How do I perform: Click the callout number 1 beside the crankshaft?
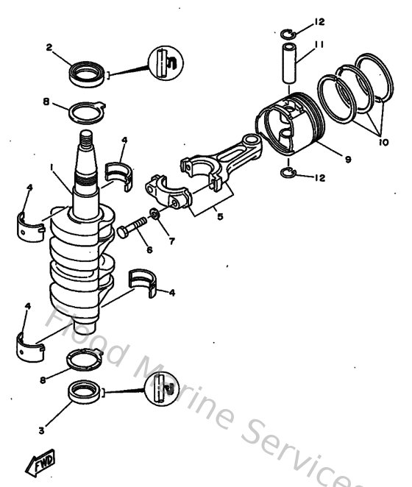point(52,168)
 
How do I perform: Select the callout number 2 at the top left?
point(49,47)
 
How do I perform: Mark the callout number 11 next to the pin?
point(319,45)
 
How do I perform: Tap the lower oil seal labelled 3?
point(88,393)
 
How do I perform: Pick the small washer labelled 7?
point(154,215)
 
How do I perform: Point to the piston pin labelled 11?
point(290,63)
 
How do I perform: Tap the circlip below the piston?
point(289,173)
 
